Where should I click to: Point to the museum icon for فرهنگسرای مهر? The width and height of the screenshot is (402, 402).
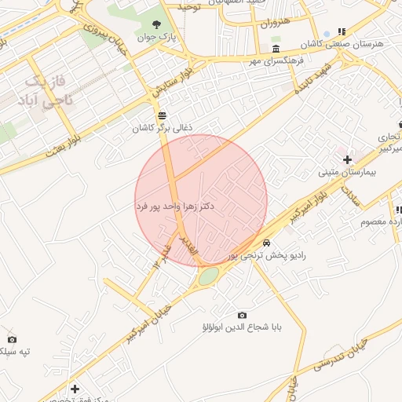click(x=275, y=49)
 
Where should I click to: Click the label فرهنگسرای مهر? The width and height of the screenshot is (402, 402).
click(x=276, y=60)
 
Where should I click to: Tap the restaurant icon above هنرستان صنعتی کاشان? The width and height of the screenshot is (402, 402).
click(x=342, y=31)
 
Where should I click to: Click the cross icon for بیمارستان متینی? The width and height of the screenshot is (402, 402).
click(x=347, y=159)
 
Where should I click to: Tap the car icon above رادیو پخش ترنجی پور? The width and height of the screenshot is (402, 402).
click(x=267, y=243)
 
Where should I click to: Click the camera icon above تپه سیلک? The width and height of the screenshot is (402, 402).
click(x=12, y=339)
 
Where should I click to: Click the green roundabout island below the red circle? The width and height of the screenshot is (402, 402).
click(x=208, y=276)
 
